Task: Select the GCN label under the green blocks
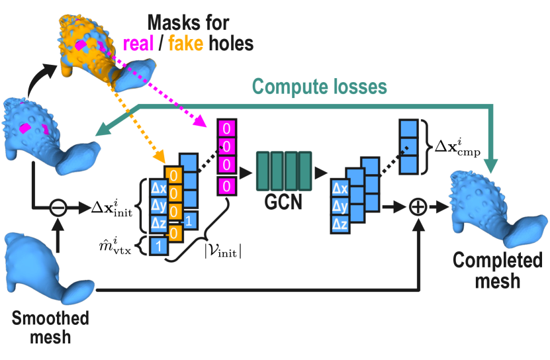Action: click(x=285, y=202)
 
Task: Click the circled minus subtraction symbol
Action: click(x=58, y=207)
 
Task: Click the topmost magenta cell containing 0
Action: click(x=226, y=127)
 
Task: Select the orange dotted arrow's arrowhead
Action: click(x=159, y=159)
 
